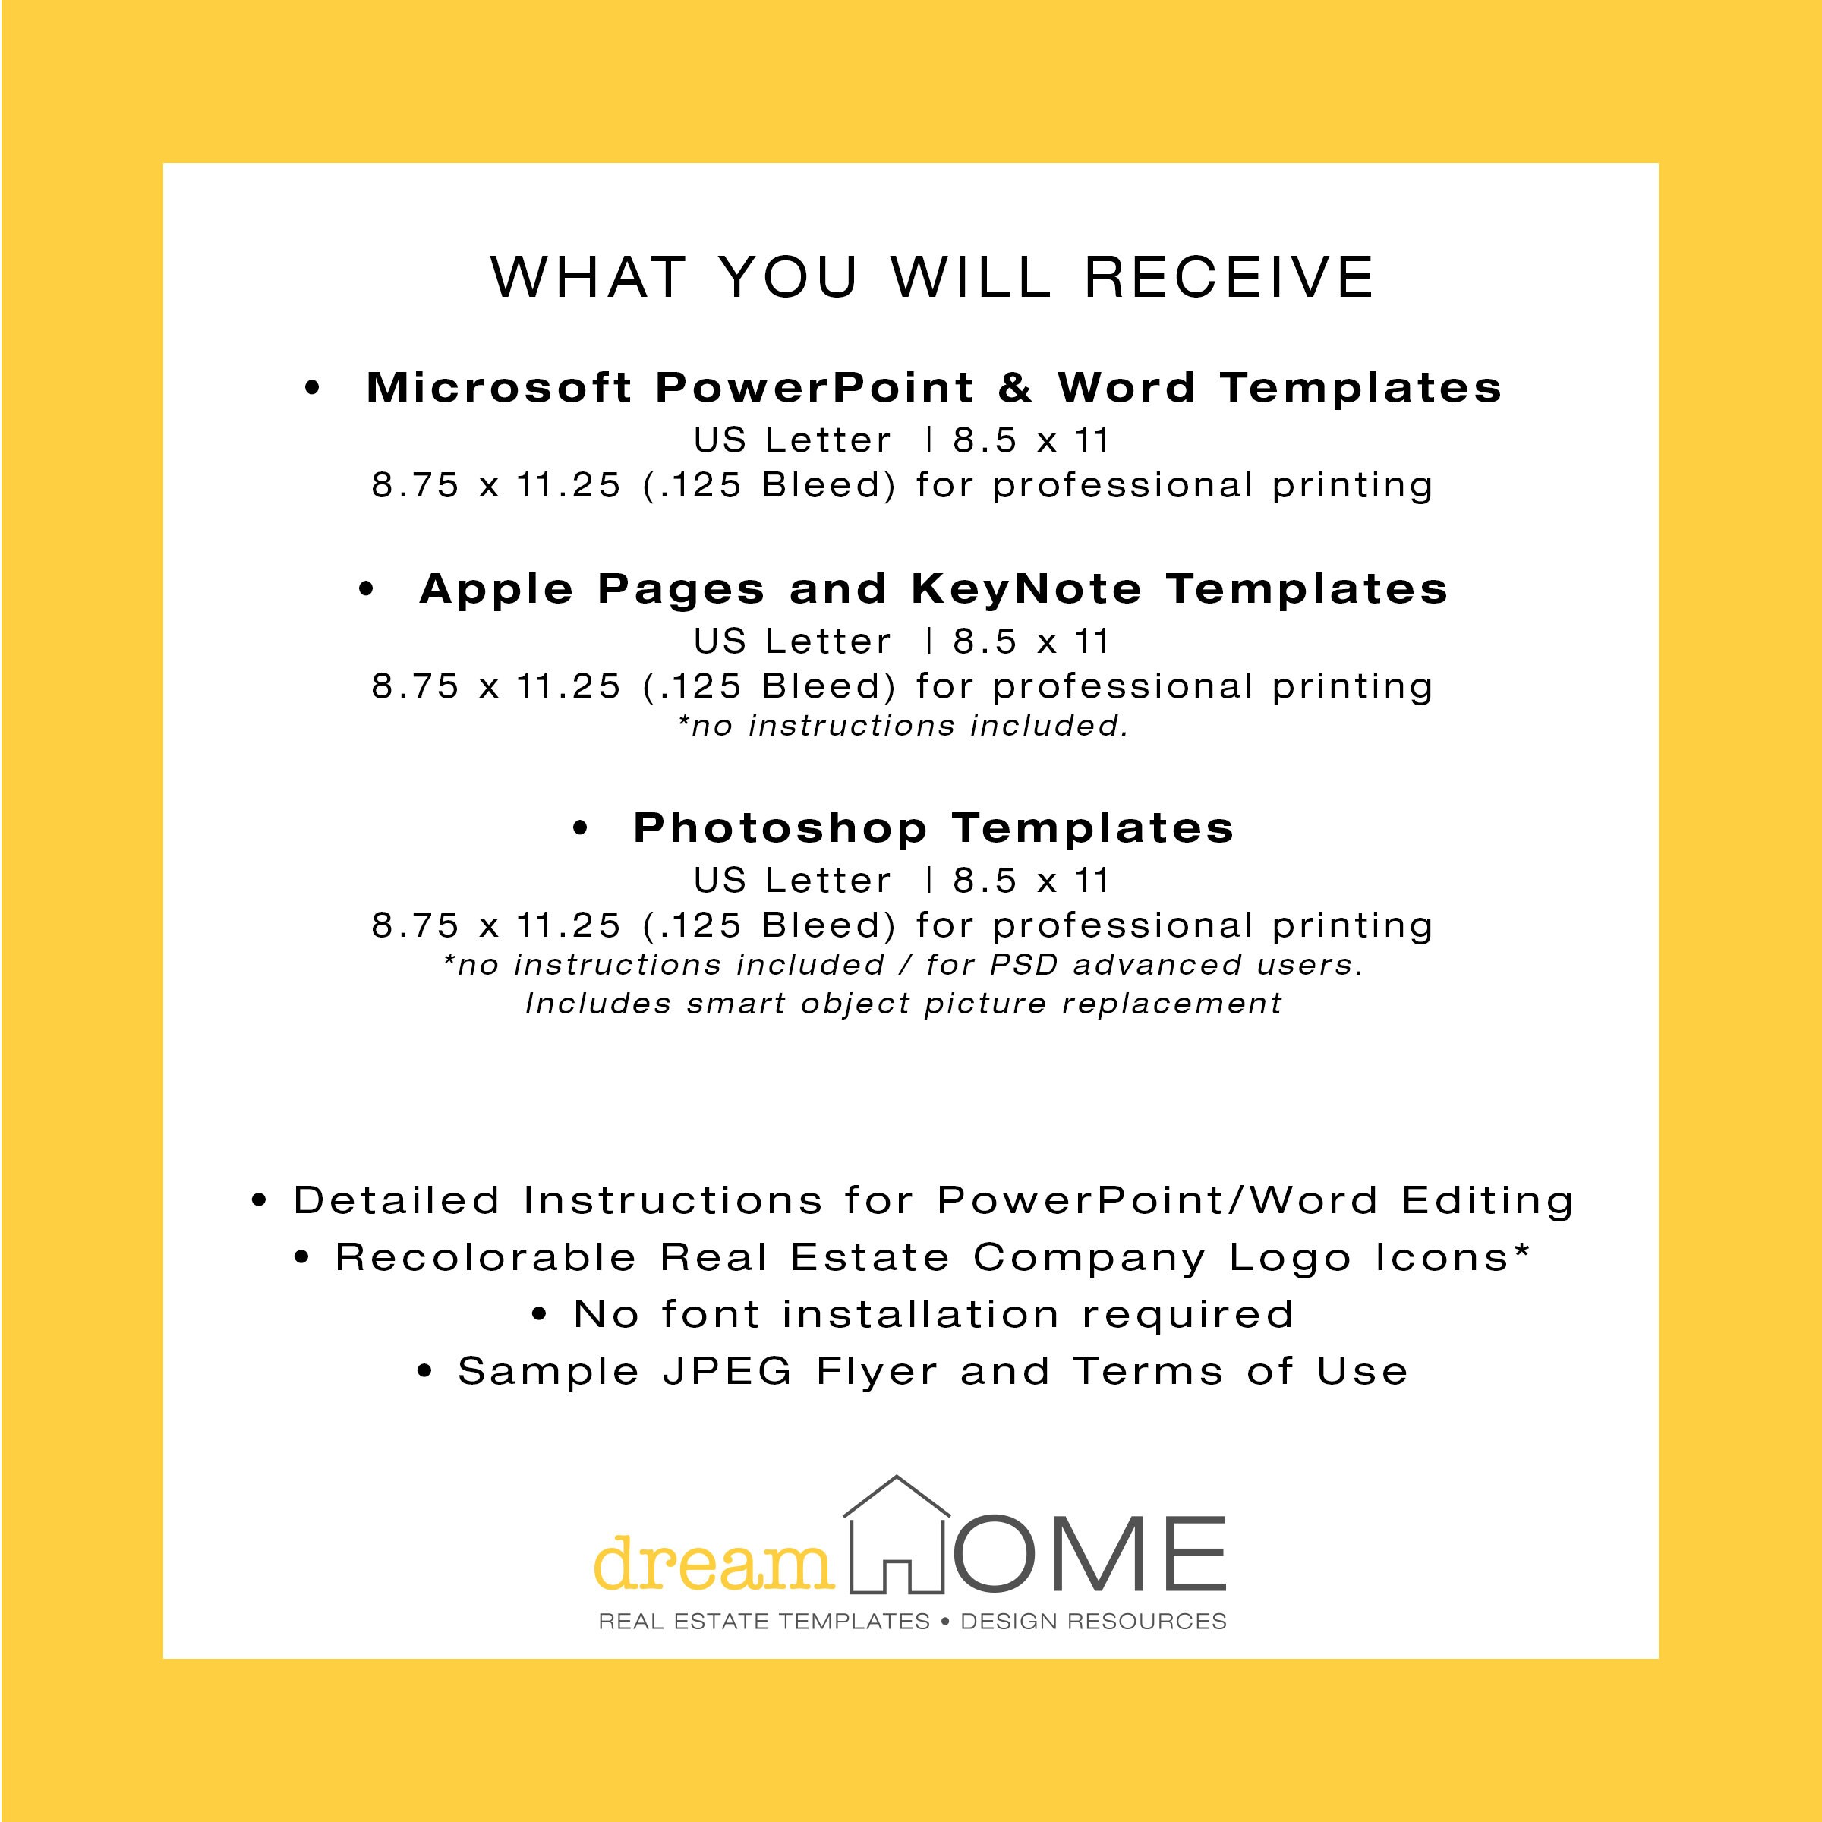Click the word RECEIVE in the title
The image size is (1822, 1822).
click(x=1230, y=277)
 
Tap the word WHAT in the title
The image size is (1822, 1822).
click(x=588, y=277)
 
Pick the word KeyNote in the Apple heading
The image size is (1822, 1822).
click(x=1026, y=589)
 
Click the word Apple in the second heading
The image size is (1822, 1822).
click(x=496, y=589)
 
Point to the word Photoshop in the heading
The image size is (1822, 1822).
click(x=780, y=828)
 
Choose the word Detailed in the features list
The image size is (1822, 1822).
click(x=396, y=1200)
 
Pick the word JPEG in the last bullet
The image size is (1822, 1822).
click(x=727, y=1371)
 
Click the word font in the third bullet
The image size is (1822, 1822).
click(x=710, y=1315)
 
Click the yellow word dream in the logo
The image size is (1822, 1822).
click(x=714, y=1564)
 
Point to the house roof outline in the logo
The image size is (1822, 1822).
click(x=896, y=1499)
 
